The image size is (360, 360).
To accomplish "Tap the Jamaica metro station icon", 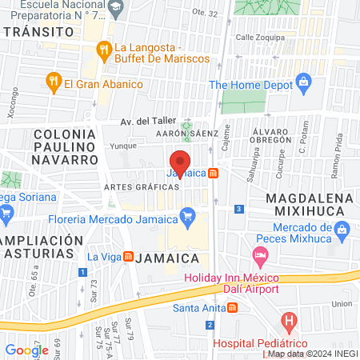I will coord(213,174).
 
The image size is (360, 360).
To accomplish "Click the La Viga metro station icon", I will coord(127,257).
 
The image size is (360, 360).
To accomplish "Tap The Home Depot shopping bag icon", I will coord(303,82).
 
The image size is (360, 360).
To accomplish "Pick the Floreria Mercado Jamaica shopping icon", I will coord(188,214).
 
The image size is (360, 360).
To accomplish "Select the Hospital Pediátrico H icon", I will coord(290,324).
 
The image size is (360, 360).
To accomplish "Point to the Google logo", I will coord(26,350).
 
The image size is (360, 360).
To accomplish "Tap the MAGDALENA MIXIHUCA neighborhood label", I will coord(307,203).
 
